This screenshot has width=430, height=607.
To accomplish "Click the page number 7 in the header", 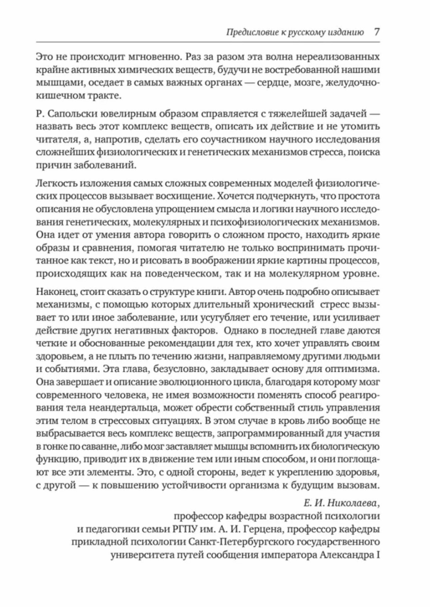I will pos(376,32).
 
